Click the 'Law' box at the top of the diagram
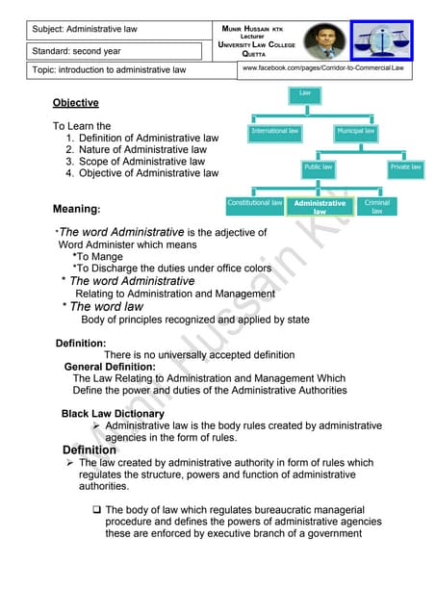[x=305, y=93]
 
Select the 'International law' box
[x=274, y=131]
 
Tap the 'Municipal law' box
[x=356, y=131]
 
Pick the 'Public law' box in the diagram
[x=319, y=167]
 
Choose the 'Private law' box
[x=405, y=167]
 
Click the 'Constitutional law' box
[x=254, y=205]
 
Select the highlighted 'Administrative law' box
[x=321, y=207]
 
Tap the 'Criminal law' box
[x=377, y=206]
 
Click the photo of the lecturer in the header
[x=326, y=41]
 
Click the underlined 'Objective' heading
[x=75, y=103]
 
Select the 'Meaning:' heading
[x=77, y=209]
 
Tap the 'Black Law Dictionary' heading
[x=106, y=414]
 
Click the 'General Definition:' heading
[x=109, y=367]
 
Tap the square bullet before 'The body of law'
[x=96, y=509]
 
